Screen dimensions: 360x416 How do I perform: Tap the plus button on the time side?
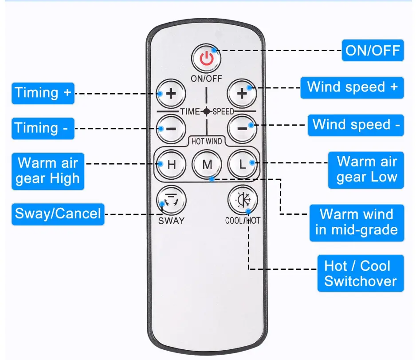(171, 94)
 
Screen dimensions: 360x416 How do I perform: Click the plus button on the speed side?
(242, 94)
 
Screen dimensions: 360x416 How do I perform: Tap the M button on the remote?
(207, 164)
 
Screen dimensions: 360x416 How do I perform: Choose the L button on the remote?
(242, 164)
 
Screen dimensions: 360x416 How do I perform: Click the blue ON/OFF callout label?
(373, 50)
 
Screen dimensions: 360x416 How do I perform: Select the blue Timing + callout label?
(43, 93)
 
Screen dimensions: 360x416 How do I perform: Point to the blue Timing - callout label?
(43, 128)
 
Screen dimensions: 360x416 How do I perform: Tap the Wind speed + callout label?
(353, 87)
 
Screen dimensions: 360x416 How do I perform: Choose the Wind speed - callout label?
(356, 124)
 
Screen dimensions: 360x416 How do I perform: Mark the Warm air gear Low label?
(366, 169)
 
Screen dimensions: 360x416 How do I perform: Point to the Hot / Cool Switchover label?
(360, 273)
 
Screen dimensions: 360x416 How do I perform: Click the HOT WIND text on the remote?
(207, 141)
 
